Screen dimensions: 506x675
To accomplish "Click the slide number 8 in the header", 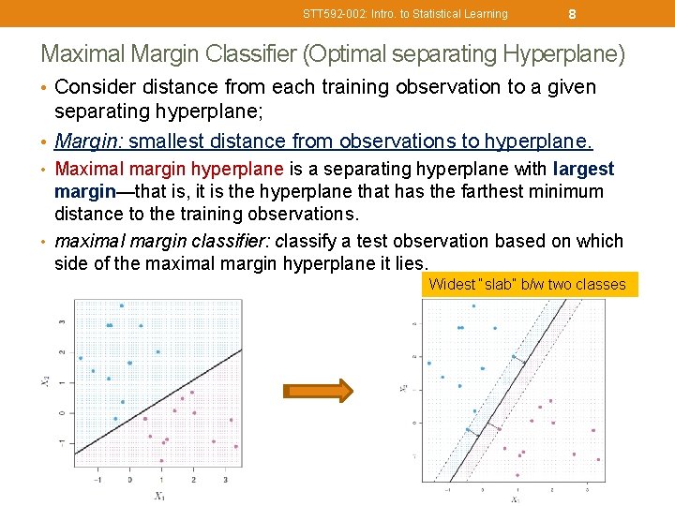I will click(572, 13).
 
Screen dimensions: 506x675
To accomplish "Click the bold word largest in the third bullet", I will click(583, 170).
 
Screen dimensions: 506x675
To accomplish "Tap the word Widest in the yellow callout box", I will click(451, 285).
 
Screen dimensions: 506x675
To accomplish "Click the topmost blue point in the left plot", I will click(121, 305).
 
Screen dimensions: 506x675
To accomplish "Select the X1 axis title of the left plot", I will click(159, 496).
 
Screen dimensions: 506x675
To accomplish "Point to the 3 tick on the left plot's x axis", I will click(225, 479).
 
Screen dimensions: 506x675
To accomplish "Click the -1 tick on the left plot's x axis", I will click(97, 479).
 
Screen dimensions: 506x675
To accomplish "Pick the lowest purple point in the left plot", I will click(161, 461).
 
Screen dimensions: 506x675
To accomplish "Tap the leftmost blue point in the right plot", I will click(428, 363).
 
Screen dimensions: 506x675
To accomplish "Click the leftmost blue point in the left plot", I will click(81, 358).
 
